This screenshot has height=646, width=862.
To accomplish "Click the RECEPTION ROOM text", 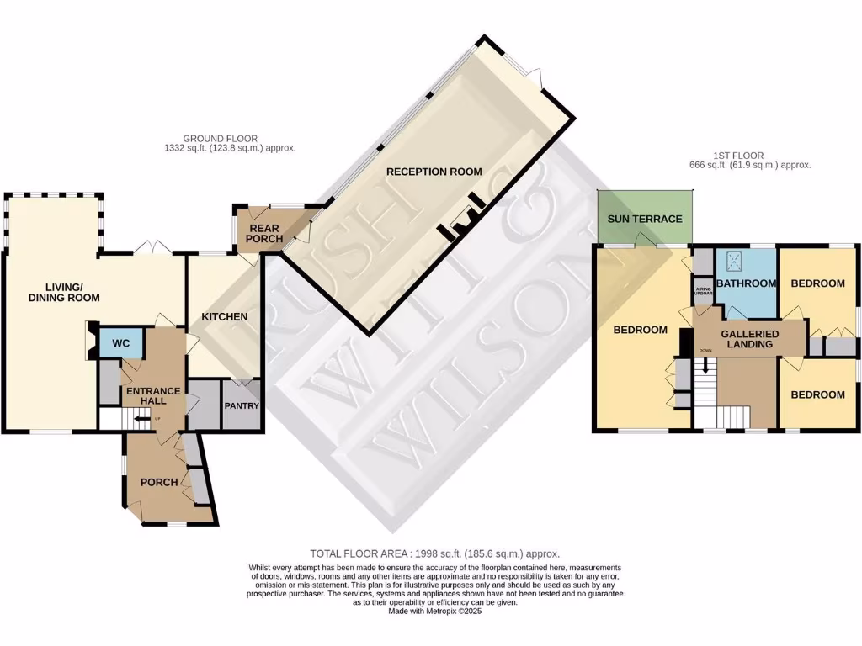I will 434,172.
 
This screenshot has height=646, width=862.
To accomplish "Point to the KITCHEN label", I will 225,317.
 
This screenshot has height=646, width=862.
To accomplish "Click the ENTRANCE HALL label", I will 152,396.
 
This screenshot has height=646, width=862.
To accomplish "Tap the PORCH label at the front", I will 159,482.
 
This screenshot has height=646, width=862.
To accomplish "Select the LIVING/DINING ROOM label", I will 64,292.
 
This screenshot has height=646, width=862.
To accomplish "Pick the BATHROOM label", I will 746,283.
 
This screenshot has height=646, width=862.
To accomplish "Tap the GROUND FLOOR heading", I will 220,143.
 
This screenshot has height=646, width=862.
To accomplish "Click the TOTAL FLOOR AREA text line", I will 434,553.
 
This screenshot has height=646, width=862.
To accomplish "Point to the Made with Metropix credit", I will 434,611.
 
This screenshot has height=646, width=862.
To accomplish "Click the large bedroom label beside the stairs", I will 640,330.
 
